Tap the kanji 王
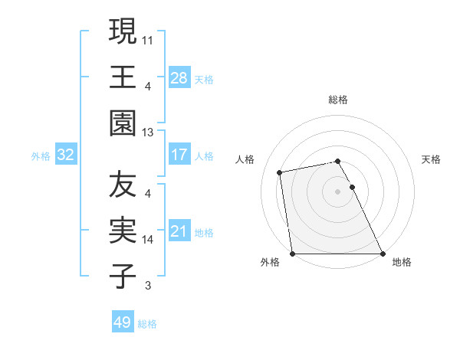(x=123, y=77)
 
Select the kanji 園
(x=123, y=123)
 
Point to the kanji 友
(x=123, y=185)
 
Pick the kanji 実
(x=123, y=231)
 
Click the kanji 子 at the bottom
(x=123, y=277)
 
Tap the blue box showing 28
(x=179, y=77)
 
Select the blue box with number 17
(x=179, y=155)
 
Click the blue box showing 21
(x=179, y=232)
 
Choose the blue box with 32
(x=66, y=155)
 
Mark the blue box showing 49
(x=123, y=322)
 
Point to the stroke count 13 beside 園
(x=148, y=132)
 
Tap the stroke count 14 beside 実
(x=148, y=239)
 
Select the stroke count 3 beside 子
(x=148, y=286)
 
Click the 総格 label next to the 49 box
(x=147, y=324)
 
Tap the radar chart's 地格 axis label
(x=402, y=262)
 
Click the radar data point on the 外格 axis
(x=293, y=253)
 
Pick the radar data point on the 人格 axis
(x=281, y=172)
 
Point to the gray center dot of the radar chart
(x=337, y=191)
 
